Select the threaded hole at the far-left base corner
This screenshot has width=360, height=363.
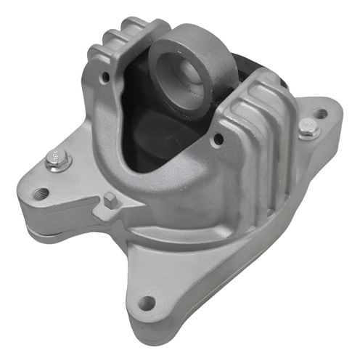click(41, 193)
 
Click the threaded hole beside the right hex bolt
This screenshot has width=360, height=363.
click(319, 113)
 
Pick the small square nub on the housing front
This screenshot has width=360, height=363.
click(110, 200)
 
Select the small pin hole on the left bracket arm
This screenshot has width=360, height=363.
click(106, 74)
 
